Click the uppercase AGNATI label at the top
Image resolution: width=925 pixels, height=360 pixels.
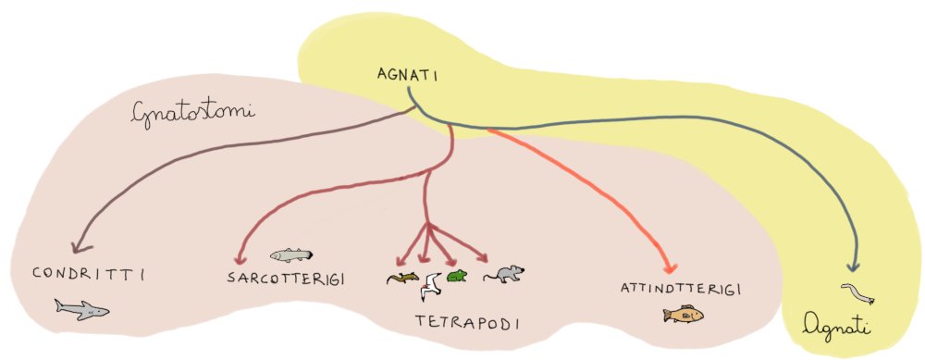pyautogui.click(x=406, y=73)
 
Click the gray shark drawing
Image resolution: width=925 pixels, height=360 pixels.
pyautogui.click(x=81, y=309)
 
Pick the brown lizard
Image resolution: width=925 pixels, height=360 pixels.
pyautogui.click(x=403, y=278)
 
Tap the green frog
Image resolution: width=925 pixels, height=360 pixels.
pyautogui.click(x=457, y=276)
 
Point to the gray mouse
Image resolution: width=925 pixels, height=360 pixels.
pyautogui.click(x=504, y=274)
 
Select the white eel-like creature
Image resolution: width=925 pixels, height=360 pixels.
pyautogui.click(x=857, y=294)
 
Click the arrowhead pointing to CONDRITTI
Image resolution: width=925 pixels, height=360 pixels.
pyautogui.click(x=77, y=247)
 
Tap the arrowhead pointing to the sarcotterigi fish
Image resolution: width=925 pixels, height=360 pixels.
pyautogui.click(x=241, y=260)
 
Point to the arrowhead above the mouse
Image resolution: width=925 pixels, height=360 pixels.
pyautogui.click(x=485, y=256)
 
